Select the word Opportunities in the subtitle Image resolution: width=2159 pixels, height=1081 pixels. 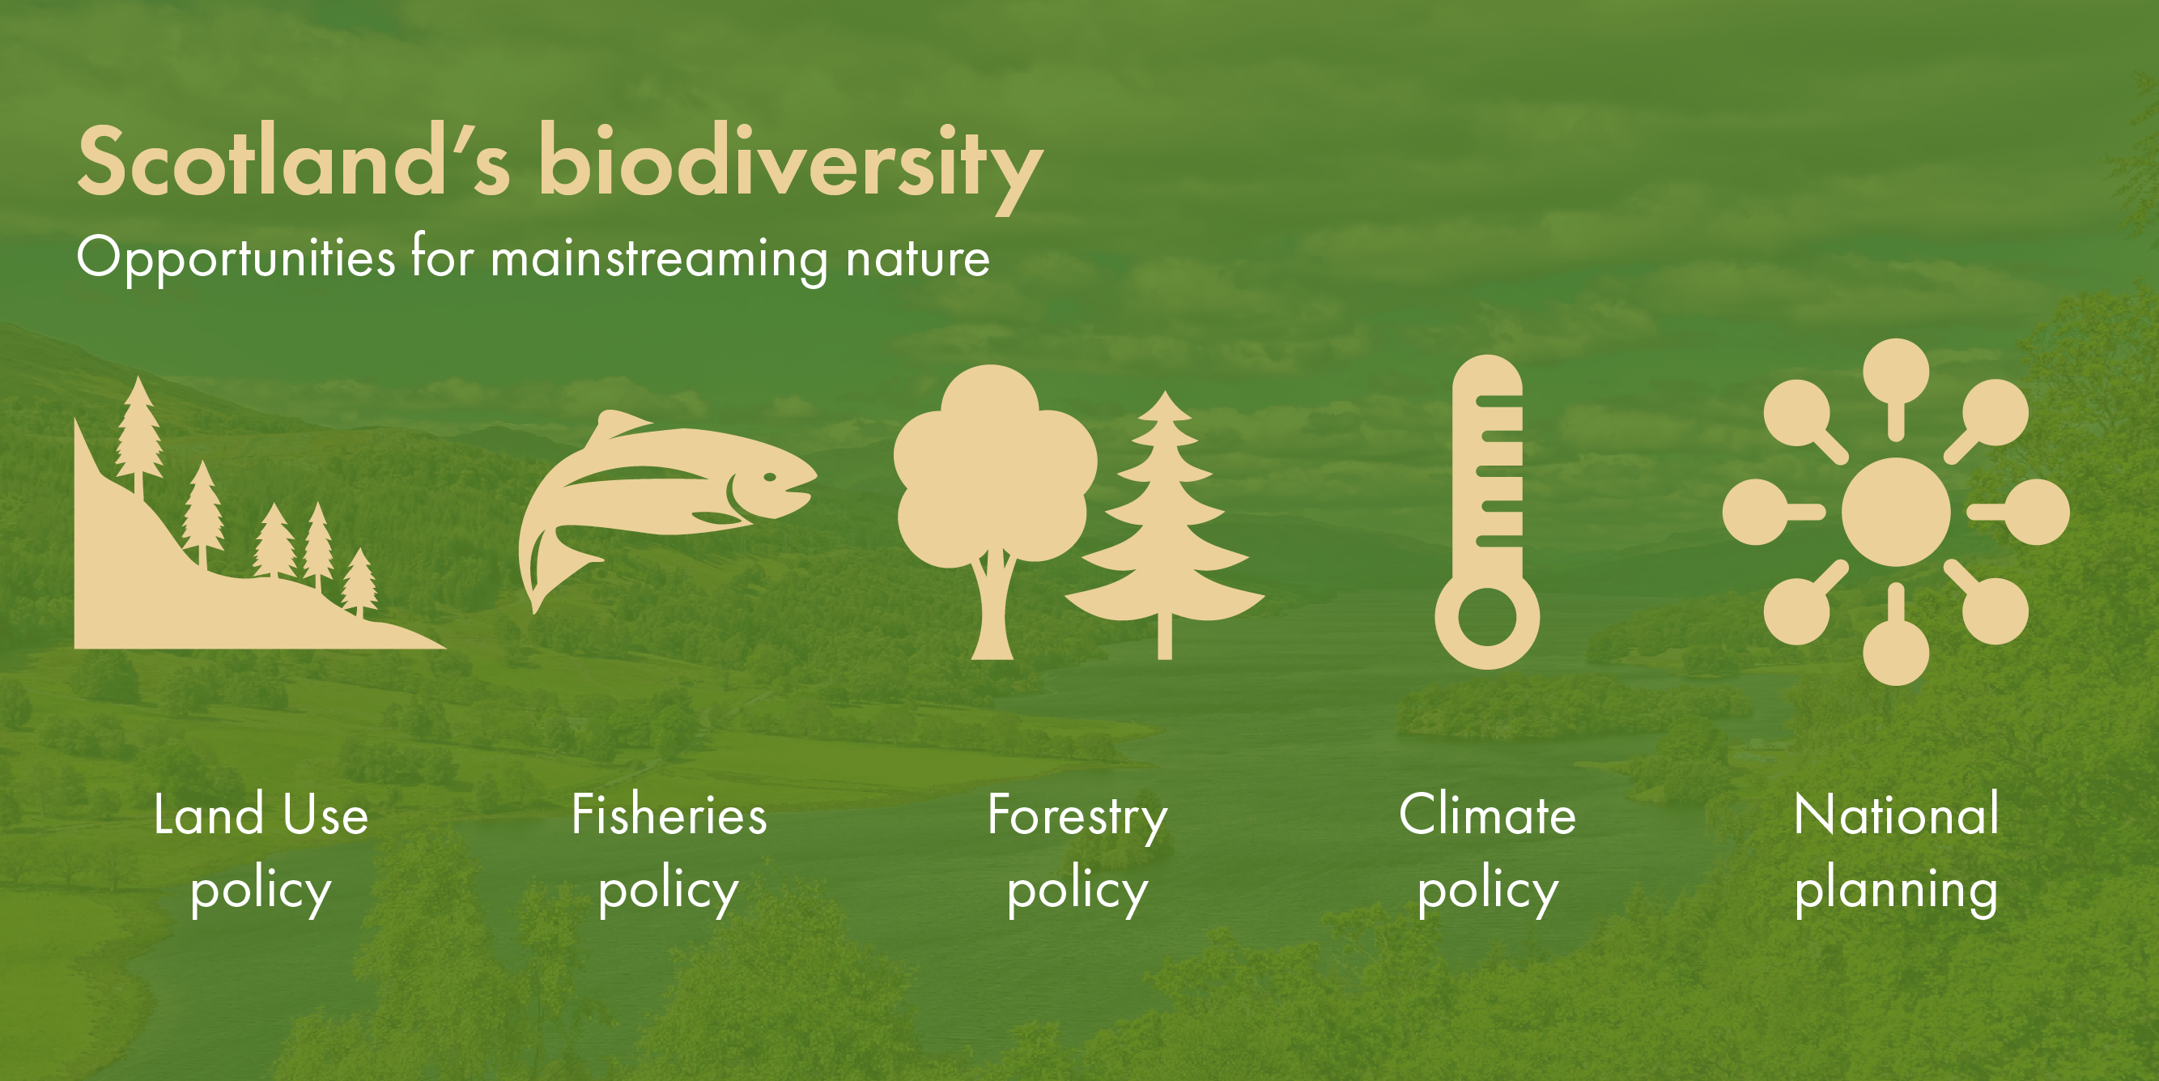(x=236, y=258)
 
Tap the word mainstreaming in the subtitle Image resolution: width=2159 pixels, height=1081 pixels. (x=658, y=258)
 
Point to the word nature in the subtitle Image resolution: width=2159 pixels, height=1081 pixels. (x=917, y=258)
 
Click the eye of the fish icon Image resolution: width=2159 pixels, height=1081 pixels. (x=770, y=477)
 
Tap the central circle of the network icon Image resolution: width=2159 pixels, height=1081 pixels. (x=1896, y=512)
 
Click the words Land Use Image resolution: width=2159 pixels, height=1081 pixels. (x=261, y=815)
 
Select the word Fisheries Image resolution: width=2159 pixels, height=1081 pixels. (x=669, y=815)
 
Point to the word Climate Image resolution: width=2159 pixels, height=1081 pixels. (x=1487, y=815)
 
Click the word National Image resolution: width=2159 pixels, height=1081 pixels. (x=1896, y=815)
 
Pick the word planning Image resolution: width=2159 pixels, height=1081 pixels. (x=1896, y=891)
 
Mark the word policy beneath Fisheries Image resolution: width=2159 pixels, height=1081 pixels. (x=669, y=891)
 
